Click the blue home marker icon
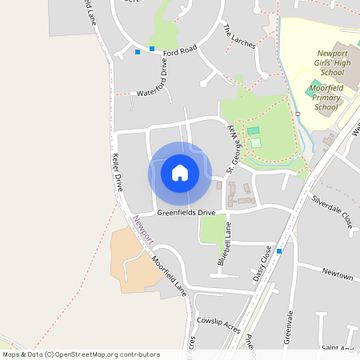180,172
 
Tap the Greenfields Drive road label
186,213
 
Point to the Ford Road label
180,50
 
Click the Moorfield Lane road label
169,273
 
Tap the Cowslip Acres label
218,318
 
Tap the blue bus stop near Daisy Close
279,251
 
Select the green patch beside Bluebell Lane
211,230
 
